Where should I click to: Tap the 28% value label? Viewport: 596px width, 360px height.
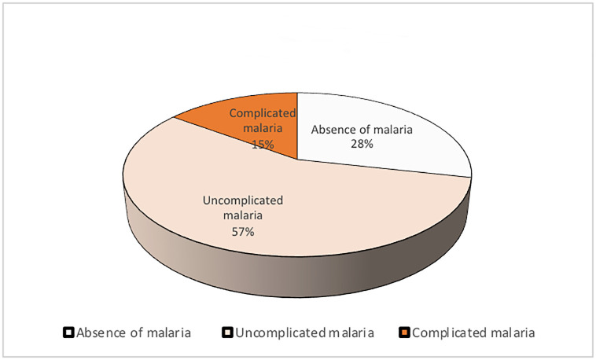click(x=362, y=144)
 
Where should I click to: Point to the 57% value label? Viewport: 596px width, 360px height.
click(x=243, y=232)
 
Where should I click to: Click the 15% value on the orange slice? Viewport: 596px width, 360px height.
click(x=263, y=145)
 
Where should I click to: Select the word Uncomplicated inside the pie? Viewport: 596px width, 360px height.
click(x=243, y=200)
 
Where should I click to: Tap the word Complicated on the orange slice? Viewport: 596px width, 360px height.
click(x=263, y=113)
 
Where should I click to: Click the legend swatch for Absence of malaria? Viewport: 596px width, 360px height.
click(x=68, y=332)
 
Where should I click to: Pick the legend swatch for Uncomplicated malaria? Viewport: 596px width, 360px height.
click(x=227, y=332)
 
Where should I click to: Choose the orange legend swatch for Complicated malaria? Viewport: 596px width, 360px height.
click(x=404, y=332)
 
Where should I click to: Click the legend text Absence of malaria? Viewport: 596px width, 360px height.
click(x=134, y=333)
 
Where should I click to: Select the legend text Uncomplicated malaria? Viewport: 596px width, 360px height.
click(x=304, y=333)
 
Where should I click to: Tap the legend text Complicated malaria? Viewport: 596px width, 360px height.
click(x=473, y=333)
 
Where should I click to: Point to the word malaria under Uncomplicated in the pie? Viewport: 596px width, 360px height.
click(x=243, y=215)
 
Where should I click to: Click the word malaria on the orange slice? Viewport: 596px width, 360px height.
click(x=263, y=128)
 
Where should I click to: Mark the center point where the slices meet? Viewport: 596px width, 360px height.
click(x=297, y=160)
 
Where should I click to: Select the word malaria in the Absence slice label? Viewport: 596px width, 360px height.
click(x=392, y=130)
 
